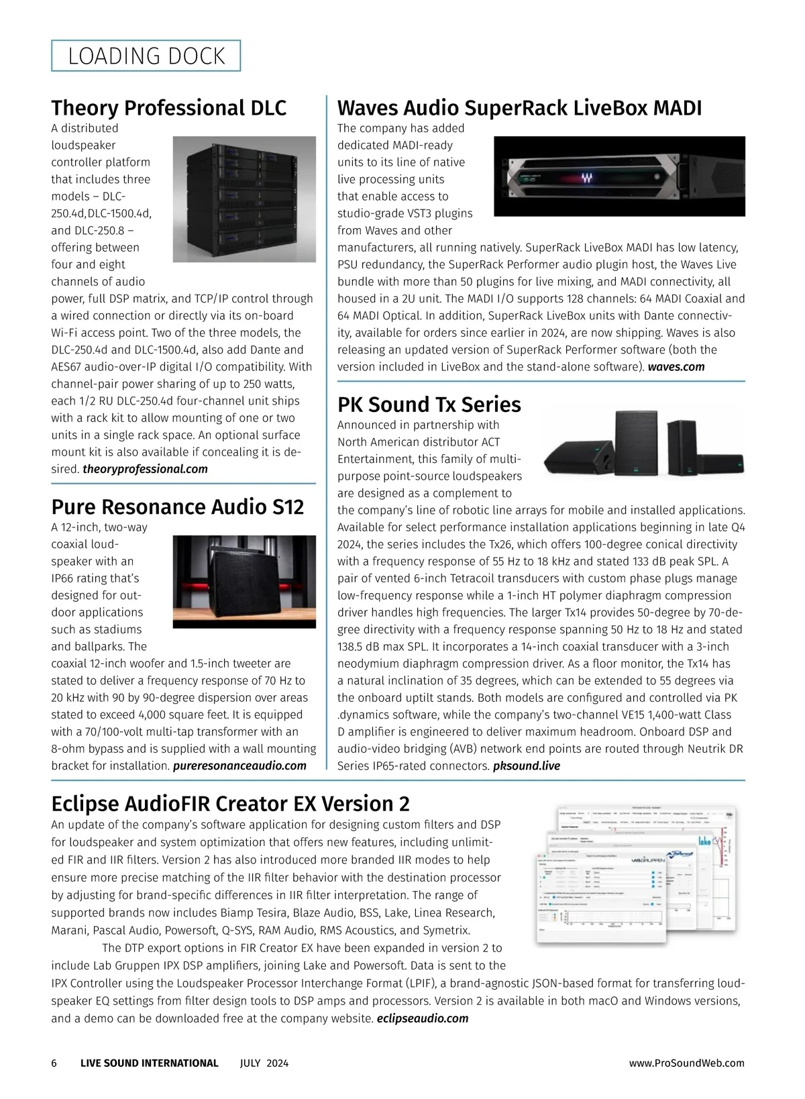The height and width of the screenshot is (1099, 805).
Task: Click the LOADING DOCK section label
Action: coord(146,56)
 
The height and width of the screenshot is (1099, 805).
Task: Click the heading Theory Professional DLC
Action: coord(168,107)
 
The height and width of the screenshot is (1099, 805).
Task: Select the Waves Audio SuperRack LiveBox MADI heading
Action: coord(519,107)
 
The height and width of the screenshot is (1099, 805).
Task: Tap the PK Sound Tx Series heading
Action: coord(429,404)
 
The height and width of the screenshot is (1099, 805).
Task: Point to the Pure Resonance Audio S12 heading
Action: coord(177,506)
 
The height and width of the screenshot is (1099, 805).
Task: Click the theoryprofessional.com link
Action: coord(145,469)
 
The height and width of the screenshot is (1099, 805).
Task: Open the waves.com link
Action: coord(676,366)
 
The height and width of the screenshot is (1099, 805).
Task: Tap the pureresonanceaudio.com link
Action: coord(239,766)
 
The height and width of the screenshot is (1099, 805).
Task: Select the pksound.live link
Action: coord(527,766)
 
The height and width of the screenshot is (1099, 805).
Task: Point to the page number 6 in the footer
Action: coord(54,1063)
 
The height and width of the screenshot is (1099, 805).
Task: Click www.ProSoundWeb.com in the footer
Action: coord(687,1063)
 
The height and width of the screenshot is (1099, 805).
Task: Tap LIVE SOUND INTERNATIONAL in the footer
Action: coord(149,1063)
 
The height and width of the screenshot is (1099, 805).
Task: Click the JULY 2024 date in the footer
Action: coord(264,1063)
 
